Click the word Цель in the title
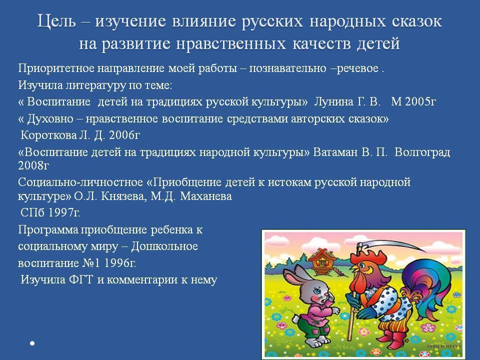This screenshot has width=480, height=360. (56, 21)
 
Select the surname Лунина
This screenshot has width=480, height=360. (333, 101)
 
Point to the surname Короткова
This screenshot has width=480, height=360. (48, 135)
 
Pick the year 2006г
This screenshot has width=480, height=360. (124, 135)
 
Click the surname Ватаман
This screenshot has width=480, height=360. (335, 152)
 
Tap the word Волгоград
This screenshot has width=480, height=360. (422, 152)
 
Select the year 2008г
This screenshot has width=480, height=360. (33, 165)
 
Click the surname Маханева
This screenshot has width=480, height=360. (205, 196)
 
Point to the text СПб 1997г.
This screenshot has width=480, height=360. (50, 212)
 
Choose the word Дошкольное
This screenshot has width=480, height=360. (164, 246)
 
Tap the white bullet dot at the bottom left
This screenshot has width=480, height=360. (32, 343)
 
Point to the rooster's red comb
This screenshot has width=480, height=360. (370, 256)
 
